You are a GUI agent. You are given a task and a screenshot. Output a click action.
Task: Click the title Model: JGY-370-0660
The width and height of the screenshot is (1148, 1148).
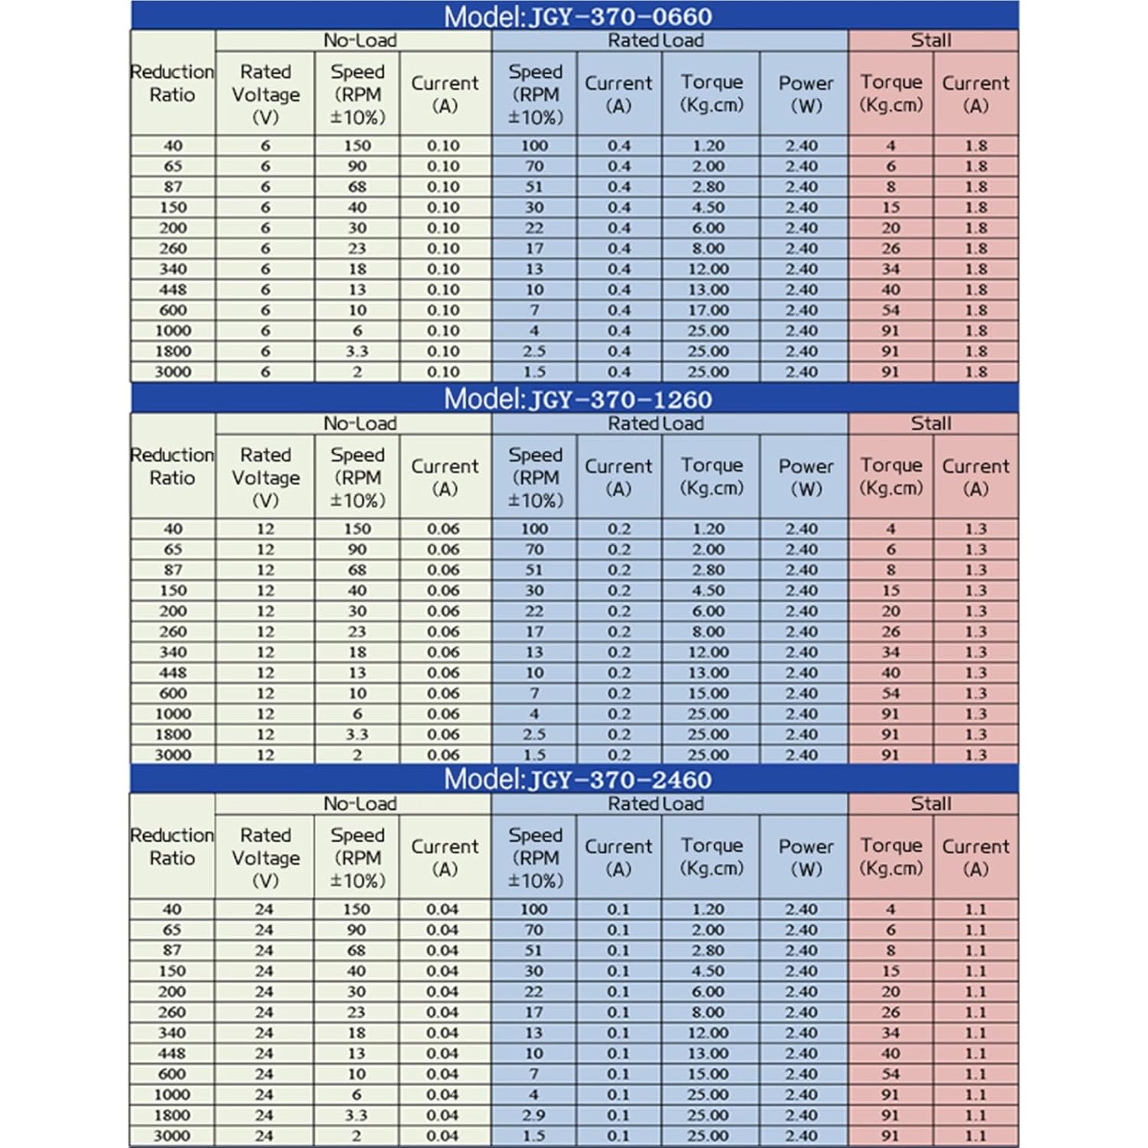[578, 16]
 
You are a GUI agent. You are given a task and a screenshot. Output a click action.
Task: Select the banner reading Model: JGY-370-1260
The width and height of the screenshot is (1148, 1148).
[578, 399]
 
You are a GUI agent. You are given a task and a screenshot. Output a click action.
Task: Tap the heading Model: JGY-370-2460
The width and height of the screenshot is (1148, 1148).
[578, 779]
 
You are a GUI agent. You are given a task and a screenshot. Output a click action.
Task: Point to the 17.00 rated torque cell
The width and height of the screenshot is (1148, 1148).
[708, 310]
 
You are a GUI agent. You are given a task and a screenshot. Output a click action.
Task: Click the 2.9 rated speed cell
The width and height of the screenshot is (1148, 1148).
[534, 1115]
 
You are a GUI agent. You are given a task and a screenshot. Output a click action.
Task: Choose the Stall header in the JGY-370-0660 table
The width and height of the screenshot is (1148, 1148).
[931, 41]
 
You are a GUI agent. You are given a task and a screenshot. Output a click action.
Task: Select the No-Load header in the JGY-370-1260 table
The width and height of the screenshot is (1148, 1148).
[360, 423]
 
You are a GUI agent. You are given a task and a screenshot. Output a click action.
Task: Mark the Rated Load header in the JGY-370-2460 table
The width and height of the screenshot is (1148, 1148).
[656, 804]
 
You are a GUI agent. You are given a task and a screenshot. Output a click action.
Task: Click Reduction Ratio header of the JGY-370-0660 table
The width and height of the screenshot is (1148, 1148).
[172, 83]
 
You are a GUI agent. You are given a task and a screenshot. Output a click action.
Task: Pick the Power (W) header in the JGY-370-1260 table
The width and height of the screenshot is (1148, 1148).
[806, 477]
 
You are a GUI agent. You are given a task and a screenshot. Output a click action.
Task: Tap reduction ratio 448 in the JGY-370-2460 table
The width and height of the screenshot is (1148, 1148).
[172, 1053]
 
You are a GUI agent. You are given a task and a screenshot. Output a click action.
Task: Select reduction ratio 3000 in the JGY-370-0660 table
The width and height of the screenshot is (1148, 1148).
[173, 372]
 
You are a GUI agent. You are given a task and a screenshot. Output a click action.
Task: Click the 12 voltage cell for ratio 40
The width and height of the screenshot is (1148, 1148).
[265, 529]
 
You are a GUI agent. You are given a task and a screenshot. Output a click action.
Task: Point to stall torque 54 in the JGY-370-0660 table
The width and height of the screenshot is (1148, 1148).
[891, 310]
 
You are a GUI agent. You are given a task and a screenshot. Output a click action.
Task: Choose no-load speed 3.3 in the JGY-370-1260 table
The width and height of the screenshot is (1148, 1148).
[357, 734]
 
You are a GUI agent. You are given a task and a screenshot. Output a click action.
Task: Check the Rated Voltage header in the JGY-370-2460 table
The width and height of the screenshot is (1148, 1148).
[265, 857]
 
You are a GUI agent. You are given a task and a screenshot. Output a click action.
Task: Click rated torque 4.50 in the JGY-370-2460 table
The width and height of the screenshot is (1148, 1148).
[708, 970]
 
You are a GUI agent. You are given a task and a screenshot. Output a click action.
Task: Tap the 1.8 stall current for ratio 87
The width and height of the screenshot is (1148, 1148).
[976, 187]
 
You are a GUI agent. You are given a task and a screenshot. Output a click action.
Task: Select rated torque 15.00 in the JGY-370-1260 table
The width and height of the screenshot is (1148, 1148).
[708, 693]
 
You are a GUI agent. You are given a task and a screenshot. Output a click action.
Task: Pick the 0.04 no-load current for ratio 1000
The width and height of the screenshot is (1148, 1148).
[442, 1094]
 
